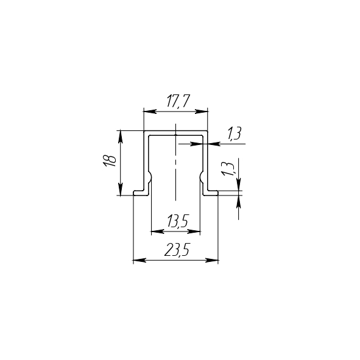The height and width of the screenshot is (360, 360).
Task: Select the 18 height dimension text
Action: pos(109,161)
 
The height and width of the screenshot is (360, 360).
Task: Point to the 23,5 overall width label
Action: pos(177,250)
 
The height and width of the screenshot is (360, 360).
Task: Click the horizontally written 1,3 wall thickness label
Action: pos(234,133)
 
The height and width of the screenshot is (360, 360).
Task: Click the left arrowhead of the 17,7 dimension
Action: pos(150,111)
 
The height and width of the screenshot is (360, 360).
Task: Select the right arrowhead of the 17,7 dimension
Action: pos(201,111)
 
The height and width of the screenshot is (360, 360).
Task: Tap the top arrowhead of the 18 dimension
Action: pos(121,137)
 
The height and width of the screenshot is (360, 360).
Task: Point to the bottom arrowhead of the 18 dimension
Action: pos(121,189)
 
